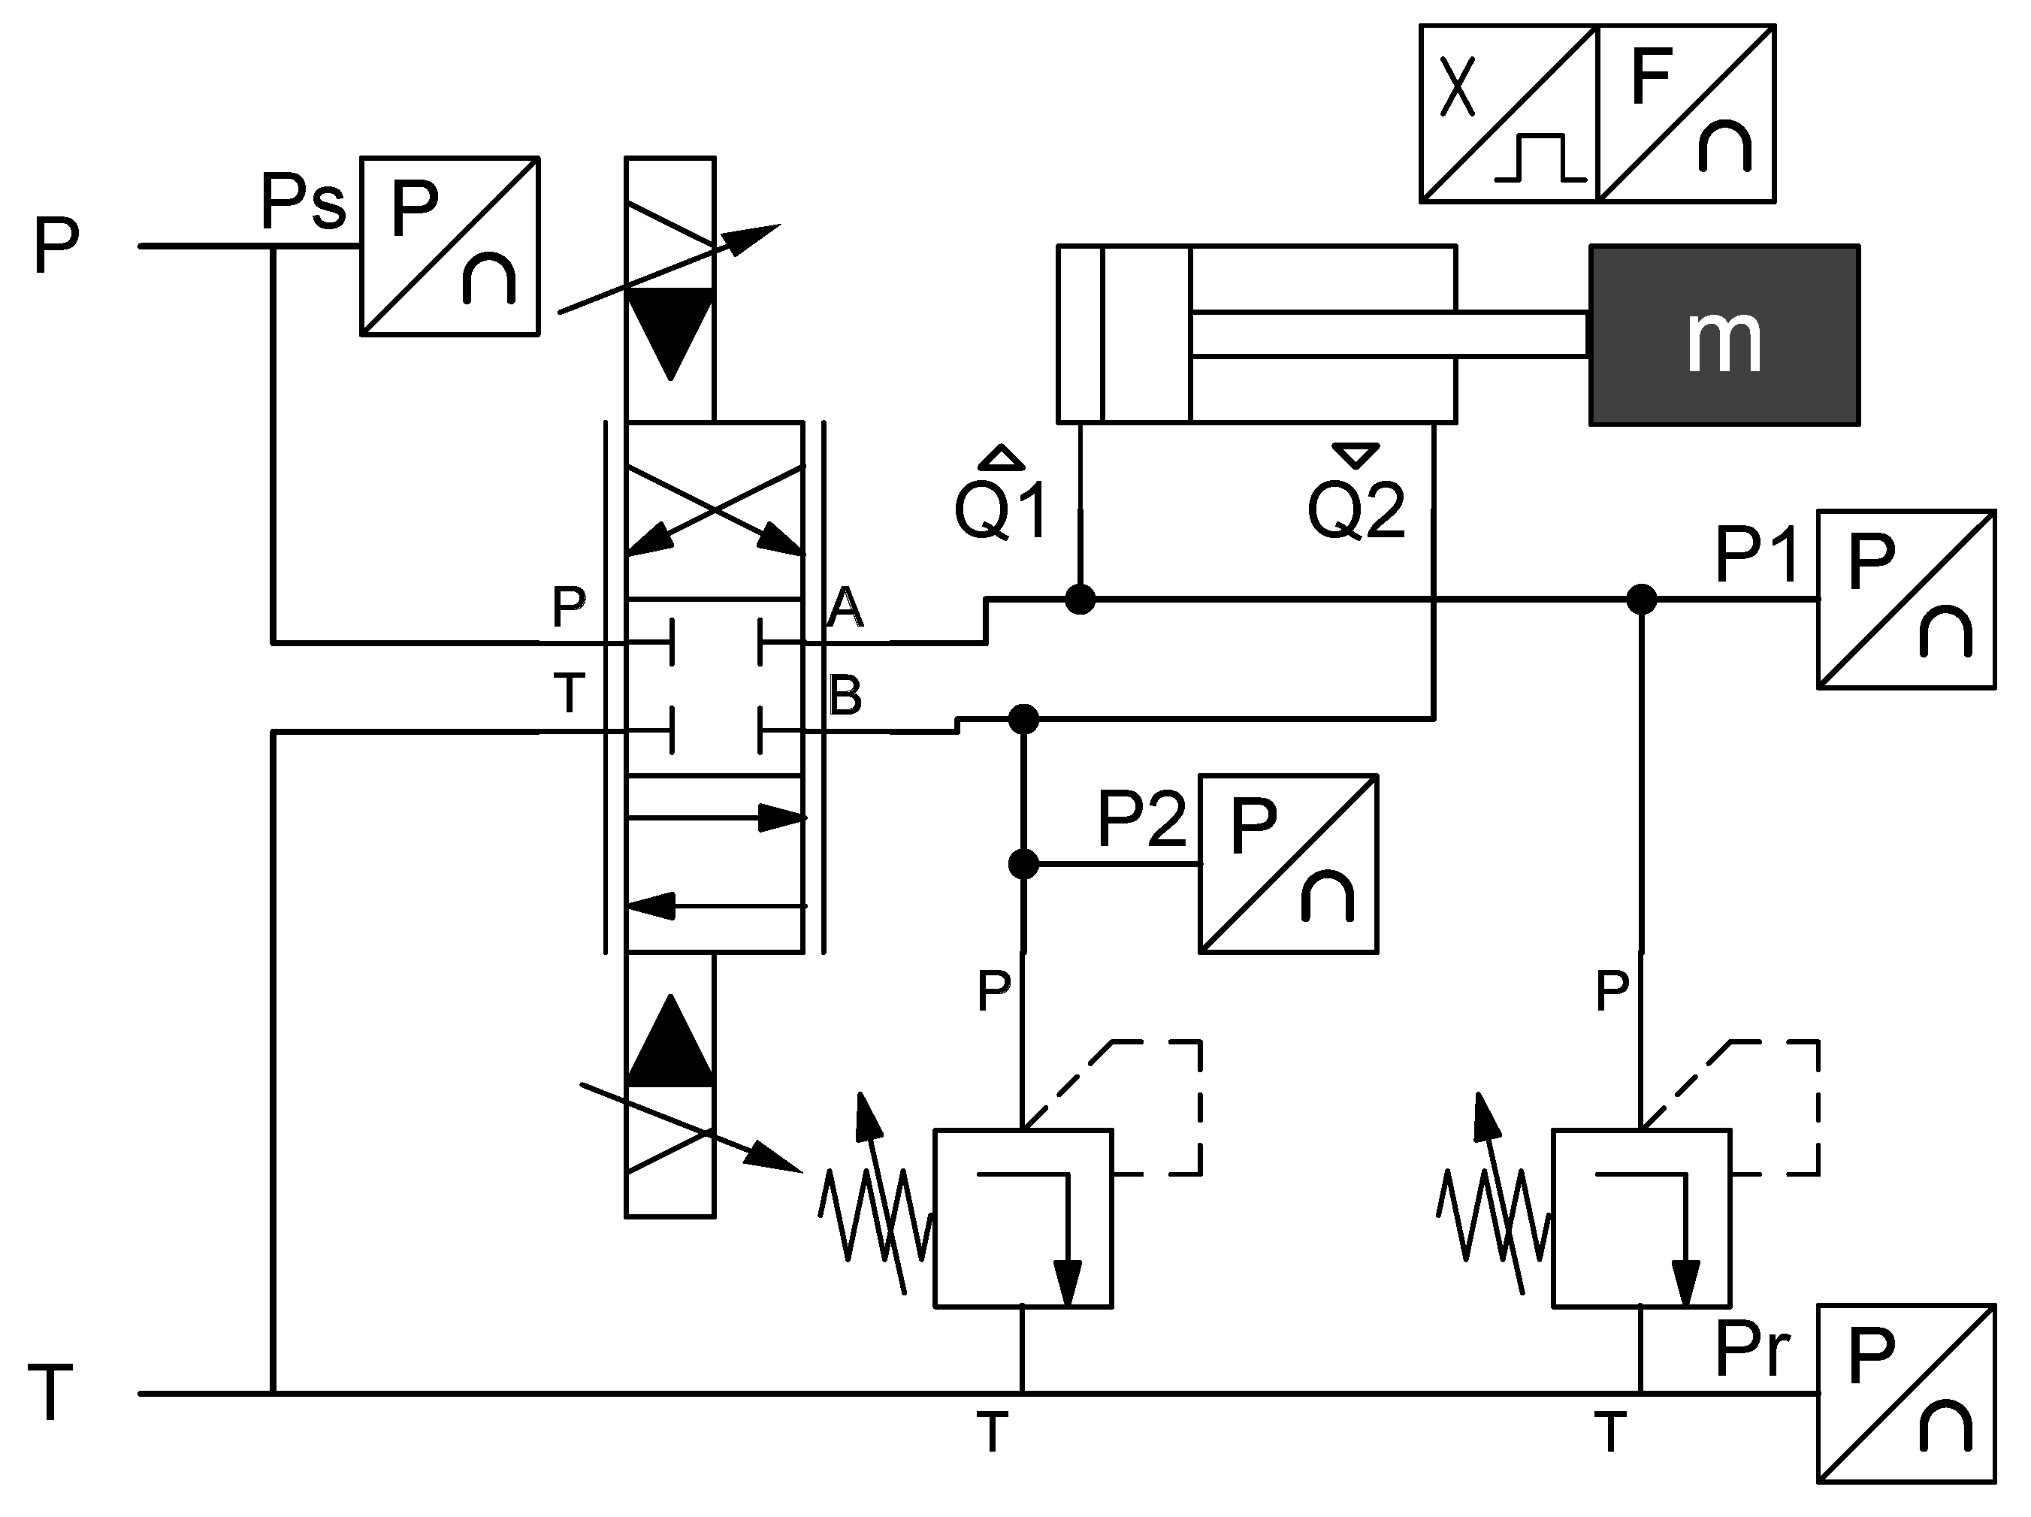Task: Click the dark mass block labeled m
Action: tap(1724, 335)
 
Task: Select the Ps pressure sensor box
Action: tap(449, 246)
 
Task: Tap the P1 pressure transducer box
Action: tap(1906, 599)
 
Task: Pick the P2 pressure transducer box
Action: tap(1287, 863)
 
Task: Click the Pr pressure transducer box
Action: tap(1906, 1393)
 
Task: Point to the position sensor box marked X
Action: tap(1509, 114)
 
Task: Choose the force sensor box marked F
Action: tap(1686, 114)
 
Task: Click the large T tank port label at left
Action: tap(50, 1393)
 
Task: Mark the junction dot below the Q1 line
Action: tap(1080, 600)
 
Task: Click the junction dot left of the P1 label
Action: tap(1641, 600)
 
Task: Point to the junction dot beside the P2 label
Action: tap(1023, 864)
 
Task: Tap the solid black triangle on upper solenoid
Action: tap(670, 326)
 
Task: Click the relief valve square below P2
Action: tap(1023, 1218)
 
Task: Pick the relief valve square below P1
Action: tap(1641, 1218)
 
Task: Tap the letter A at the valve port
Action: tap(845, 607)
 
